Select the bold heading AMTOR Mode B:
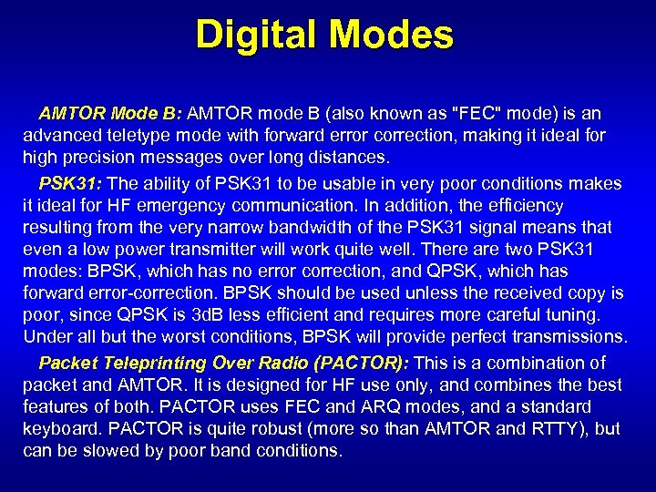110,114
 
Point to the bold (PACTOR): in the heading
362,363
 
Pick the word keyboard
58,428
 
